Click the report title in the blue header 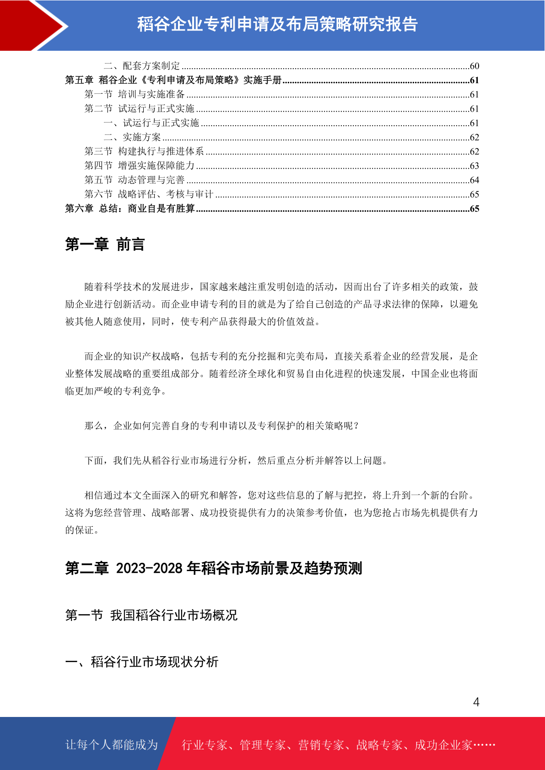click(277, 24)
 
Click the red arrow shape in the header click(32, 25)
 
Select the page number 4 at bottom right click(476, 702)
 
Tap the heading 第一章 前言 click(105, 245)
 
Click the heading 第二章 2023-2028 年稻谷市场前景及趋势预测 click(214, 568)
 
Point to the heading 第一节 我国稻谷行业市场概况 click(151, 615)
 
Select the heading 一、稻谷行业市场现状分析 click(142, 662)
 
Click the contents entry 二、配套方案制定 click(142, 66)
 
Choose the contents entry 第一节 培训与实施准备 click(135, 94)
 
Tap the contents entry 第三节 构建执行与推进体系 click(144, 151)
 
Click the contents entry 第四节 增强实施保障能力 click(140, 166)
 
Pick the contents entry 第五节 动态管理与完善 click(135, 180)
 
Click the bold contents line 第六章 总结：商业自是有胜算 click(130, 209)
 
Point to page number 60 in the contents click(474, 66)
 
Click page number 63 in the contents click(474, 166)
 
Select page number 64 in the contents click(474, 180)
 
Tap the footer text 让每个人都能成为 click(112, 745)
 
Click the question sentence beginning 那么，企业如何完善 click(222, 426)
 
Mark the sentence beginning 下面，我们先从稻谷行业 click(236, 460)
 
